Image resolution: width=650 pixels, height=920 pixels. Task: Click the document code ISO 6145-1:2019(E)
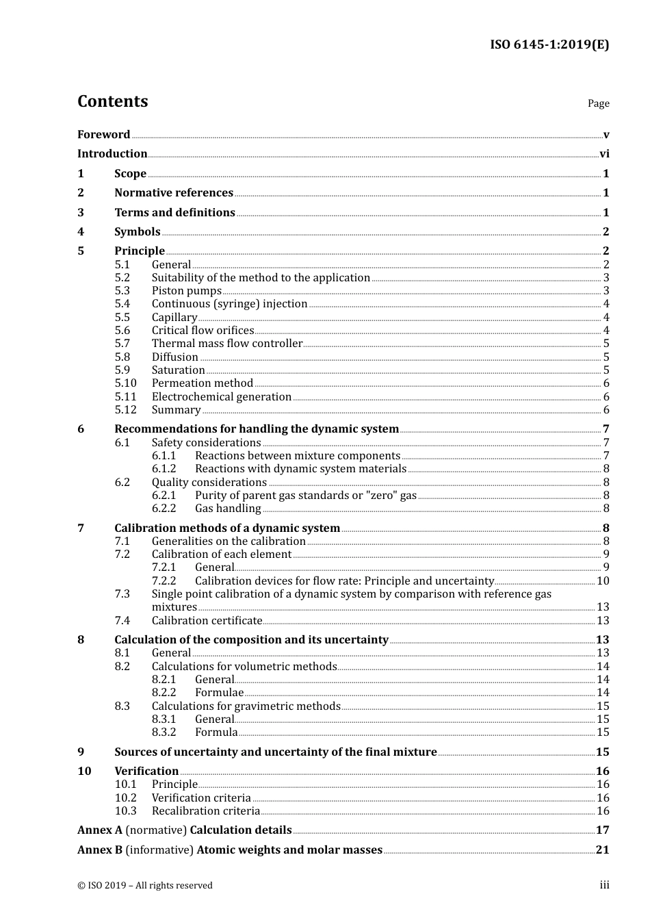[x=549, y=45]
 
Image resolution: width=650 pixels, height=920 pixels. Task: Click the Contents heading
[x=112, y=101]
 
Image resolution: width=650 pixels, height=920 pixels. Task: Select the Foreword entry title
[x=103, y=135]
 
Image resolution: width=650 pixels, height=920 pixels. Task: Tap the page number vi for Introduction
[x=604, y=154]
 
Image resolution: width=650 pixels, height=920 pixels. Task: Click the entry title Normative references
[x=174, y=193]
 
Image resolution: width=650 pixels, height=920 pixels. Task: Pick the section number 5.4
[x=122, y=304]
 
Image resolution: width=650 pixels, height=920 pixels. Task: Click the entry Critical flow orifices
[x=203, y=331]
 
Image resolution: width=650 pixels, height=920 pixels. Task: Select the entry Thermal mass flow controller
[x=226, y=344]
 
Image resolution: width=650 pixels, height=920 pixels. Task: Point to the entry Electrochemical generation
[x=222, y=397]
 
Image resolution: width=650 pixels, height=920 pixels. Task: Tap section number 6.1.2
[x=164, y=469]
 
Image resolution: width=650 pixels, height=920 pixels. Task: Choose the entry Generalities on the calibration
[x=229, y=541]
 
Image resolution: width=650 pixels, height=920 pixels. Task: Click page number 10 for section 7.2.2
[x=603, y=581]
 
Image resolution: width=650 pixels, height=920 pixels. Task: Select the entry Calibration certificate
[x=207, y=621]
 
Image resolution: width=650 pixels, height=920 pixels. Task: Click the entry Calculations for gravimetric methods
[x=246, y=706]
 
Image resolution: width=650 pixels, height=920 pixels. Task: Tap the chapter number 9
[x=81, y=752]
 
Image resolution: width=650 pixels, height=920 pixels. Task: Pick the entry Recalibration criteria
[x=206, y=811]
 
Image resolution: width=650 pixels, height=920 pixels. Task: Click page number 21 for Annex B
[x=602, y=850]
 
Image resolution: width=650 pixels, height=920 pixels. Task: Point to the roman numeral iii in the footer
[x=604, y=885]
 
